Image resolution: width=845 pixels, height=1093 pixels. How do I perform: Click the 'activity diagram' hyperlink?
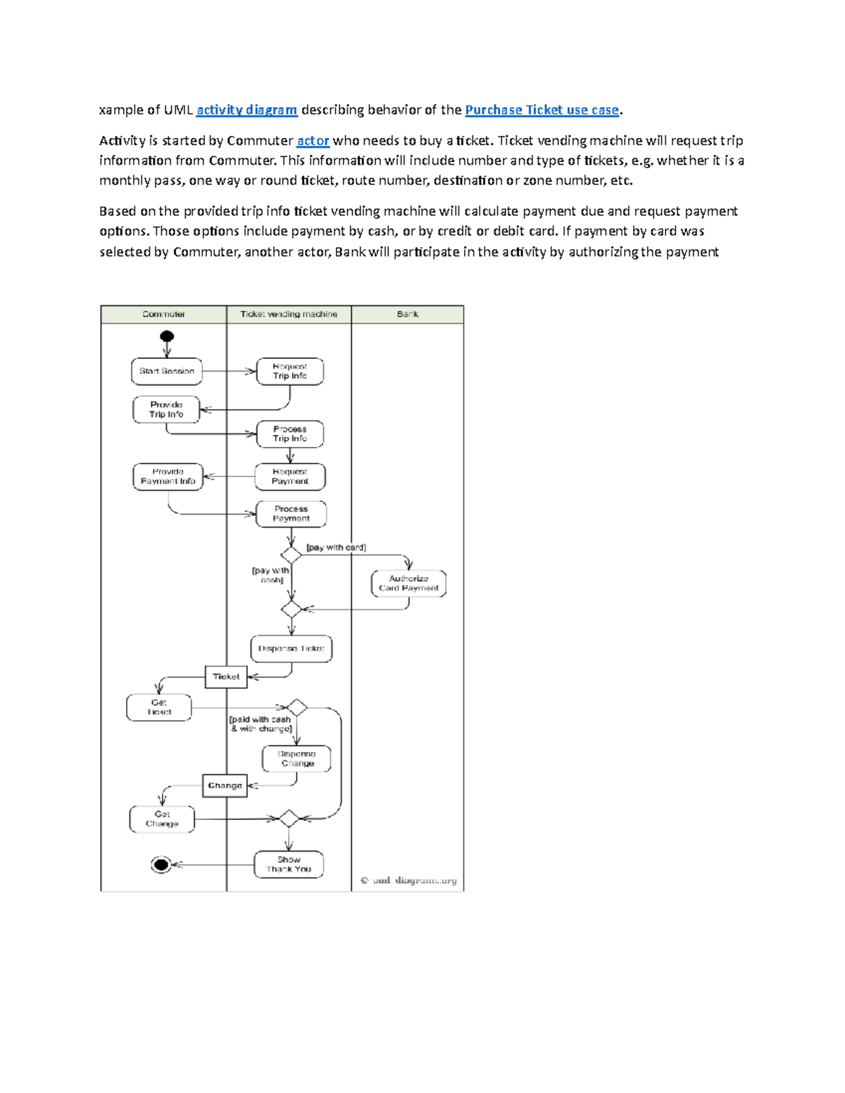246,110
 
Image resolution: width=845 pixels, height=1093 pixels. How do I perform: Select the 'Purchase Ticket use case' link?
542,110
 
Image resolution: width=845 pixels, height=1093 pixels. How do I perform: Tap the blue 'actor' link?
313,141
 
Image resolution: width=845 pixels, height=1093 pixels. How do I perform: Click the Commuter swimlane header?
163,315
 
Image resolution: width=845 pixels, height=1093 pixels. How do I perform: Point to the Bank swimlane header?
407,315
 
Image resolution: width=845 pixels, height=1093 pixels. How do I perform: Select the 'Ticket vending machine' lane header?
289,315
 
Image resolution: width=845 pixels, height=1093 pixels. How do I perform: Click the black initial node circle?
167,336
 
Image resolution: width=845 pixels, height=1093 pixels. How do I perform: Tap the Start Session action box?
167,371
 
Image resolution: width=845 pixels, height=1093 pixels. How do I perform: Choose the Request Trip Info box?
289,371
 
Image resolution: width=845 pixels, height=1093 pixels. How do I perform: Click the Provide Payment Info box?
168,476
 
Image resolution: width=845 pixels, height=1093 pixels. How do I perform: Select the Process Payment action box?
291,514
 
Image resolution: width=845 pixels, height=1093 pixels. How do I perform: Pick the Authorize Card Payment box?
408,583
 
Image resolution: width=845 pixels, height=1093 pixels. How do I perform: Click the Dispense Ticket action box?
291,649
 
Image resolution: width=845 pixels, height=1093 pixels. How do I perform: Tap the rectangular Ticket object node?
226,677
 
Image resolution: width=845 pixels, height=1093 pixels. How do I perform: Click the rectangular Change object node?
225,785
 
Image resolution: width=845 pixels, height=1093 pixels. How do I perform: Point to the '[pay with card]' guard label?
336,548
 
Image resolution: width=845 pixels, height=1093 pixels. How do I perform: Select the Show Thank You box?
289,864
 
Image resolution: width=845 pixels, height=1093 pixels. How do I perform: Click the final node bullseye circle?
161,865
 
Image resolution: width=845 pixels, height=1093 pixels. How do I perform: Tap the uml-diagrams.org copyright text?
408,880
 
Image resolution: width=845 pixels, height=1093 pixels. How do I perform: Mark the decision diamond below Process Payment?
291,555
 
